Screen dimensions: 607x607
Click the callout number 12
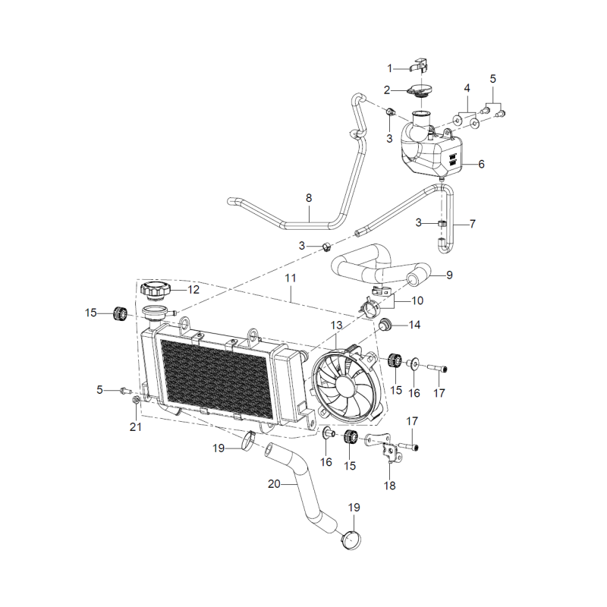coord(193,290)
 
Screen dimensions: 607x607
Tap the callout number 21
coord(136,427)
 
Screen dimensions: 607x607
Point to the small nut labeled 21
coord(136,400)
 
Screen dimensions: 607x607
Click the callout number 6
coord(481,164)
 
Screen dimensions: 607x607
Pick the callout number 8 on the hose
coord(309,198)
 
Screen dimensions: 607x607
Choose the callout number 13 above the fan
coord(336,326)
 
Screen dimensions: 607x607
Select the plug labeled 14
coord(385,326)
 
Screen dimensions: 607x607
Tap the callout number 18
coord(389,486)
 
